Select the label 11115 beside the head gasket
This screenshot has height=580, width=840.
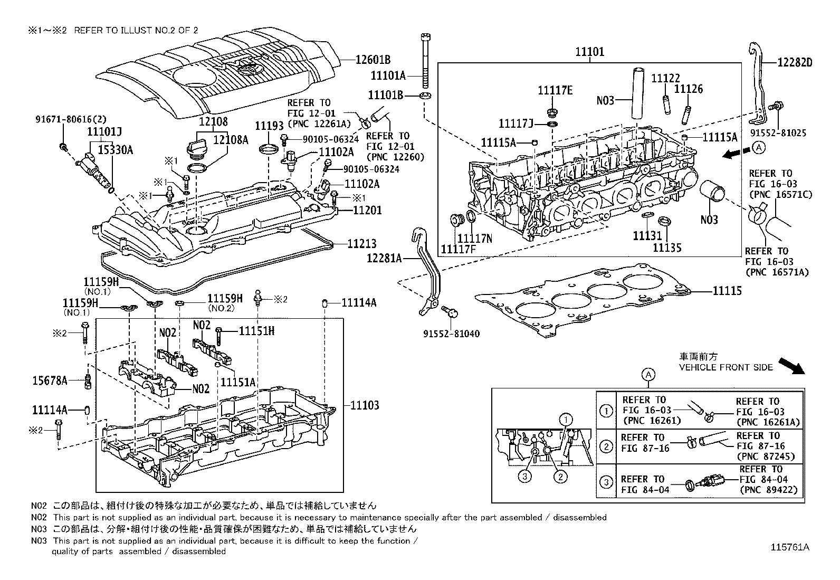(x=727, y=291)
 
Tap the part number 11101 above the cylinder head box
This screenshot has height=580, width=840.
(x=589, y=52)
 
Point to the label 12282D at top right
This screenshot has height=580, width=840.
(x=795, y=63)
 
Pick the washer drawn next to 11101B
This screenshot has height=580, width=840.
(x=425, y=96)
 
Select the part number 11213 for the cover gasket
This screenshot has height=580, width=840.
(x=362, y=244)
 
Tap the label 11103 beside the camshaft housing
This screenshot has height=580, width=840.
(x=365, y=405)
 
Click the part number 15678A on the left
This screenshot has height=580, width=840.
(x=50, y=380)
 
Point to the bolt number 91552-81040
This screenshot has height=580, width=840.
(x=451, y=334)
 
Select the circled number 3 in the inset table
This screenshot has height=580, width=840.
(x=607, y=482)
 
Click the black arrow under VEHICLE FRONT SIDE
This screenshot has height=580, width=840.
(x=792, y=366)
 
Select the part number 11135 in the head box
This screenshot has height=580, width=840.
(x=667, y=247)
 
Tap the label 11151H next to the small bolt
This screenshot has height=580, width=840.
(x=256, y=331)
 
